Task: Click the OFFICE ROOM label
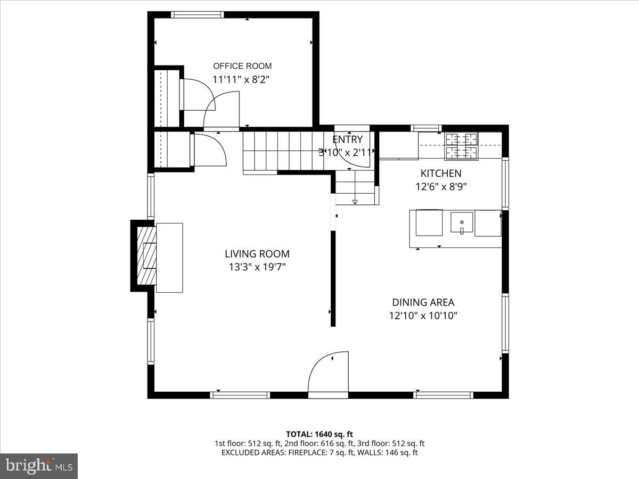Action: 242,66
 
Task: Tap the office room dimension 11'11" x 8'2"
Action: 242,80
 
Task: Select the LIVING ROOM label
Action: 257,254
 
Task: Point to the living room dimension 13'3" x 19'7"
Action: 257,267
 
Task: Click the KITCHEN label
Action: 441,173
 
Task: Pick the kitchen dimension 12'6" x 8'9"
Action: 441,187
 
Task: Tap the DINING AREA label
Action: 423,302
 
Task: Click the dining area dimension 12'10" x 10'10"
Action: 423,316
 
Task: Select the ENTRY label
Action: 348,139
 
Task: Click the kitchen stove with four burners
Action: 461,146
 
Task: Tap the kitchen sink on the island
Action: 462,223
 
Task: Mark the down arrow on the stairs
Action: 355,201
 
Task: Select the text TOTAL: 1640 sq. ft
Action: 319,434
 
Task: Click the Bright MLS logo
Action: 39,466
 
